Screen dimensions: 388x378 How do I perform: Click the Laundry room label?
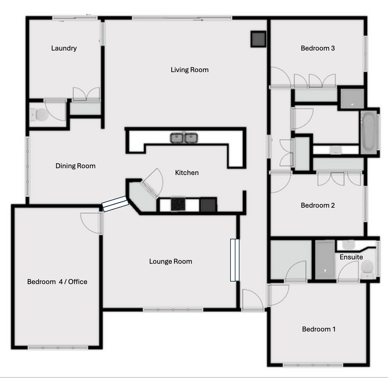64,48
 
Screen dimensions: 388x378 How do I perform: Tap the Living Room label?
190,70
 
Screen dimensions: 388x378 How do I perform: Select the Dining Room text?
76,166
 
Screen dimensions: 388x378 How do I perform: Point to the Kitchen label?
187,173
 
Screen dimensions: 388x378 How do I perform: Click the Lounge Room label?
170,261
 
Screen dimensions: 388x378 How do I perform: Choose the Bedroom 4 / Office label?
57,282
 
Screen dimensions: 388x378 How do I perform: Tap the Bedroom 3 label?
318,48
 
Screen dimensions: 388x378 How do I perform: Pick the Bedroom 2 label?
318,205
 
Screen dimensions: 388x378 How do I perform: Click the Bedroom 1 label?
319,329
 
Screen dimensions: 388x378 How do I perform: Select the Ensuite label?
351,257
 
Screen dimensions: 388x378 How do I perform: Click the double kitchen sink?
184,138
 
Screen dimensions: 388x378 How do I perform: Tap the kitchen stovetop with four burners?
178,204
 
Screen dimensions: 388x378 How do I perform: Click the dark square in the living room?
258,39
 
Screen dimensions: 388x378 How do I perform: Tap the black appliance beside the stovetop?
208,205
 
